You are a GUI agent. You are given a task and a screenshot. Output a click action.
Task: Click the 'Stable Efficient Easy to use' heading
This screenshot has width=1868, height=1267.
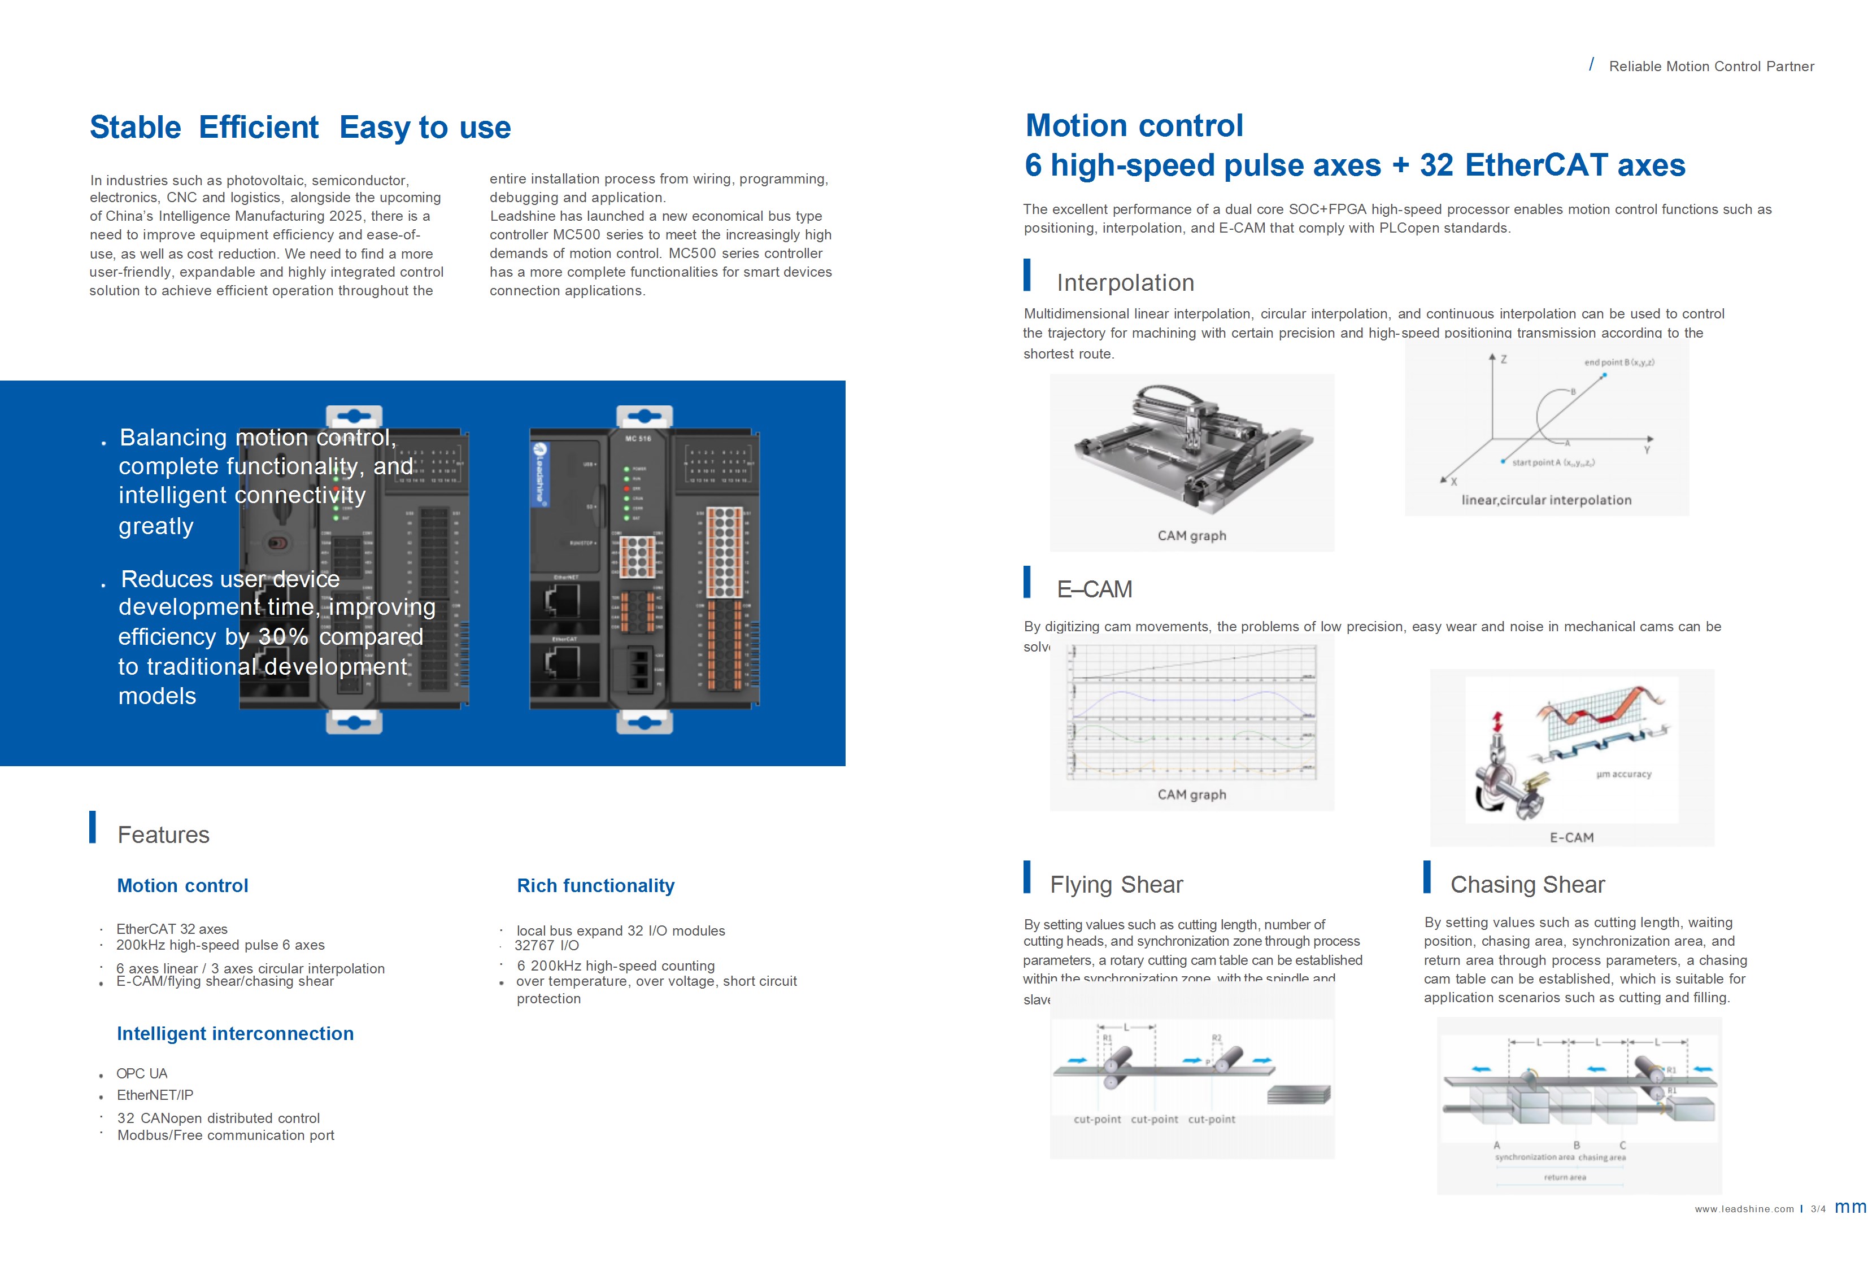[x=300, y=128]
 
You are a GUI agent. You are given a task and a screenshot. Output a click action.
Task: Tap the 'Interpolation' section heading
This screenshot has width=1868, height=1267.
[x=1125, y=283]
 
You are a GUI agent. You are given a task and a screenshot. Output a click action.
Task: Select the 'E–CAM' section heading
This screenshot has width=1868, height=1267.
[x=1094, y=589]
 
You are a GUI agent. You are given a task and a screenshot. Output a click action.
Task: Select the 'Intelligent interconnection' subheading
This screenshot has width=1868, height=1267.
[x=235, y=1033]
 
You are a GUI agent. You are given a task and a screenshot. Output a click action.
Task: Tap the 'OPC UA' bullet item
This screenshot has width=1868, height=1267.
[x=141, y=1073]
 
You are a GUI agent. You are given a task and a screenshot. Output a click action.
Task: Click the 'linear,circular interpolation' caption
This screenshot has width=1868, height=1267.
[x=1545, y=500]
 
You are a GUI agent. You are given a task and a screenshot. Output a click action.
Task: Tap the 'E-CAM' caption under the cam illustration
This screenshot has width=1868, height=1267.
[x=1570, y=837]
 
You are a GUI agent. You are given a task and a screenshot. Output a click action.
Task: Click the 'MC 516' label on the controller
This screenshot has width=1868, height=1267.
[x=638, y=439]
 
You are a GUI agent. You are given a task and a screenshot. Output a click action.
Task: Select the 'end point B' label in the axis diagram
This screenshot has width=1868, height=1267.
[x=1619, y=362]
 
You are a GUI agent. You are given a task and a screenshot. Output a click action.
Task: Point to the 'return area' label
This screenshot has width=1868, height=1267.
[x=1564, y=1177]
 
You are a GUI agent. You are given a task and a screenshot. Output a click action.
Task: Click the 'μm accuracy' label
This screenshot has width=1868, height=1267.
[x=1623, y=775]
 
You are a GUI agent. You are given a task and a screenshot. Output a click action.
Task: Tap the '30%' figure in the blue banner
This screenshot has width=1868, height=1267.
[x=283, y=637]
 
